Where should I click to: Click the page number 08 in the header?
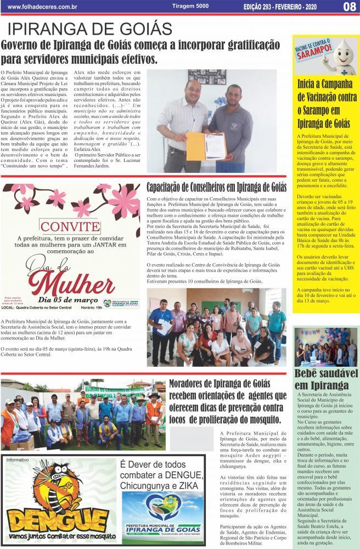[350, 7]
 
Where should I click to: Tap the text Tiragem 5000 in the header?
[175, 6]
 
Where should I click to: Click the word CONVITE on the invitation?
[71, 226]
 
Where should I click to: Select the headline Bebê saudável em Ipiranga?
[327, 379]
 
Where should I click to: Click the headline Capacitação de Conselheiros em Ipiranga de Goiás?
[216, 187]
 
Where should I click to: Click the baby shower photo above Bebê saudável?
[326, 347]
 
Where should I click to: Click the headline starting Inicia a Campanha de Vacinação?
[326, 104]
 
